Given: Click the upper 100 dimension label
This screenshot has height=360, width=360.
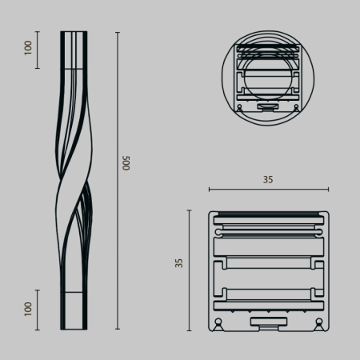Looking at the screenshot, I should point(28,49).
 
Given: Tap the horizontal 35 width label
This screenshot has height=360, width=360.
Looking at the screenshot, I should point(268,180).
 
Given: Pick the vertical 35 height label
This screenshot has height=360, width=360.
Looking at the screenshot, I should point(179,262).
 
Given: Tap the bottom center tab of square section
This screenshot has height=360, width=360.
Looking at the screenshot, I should point(268,322).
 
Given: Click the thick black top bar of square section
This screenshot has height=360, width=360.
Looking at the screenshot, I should point(268,214).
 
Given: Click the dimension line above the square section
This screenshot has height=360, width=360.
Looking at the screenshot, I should point(268,190).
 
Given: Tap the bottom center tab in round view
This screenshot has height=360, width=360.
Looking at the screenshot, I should point(268,106).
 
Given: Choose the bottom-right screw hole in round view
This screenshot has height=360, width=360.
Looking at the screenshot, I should point(295,106).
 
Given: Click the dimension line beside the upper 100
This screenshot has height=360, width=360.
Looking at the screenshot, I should point(38,50).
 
